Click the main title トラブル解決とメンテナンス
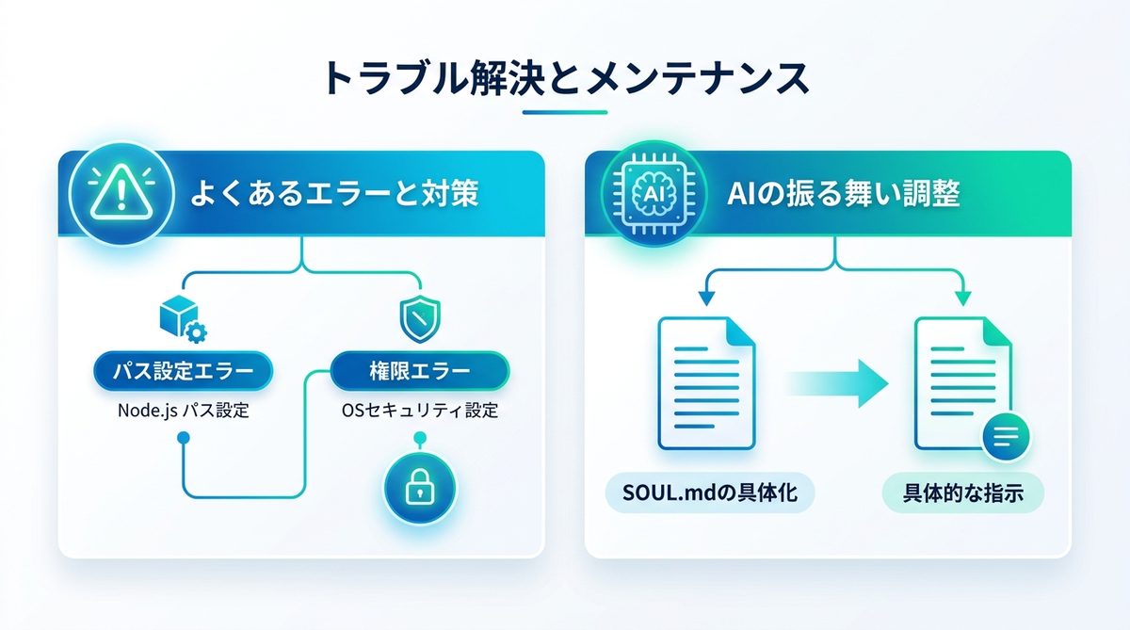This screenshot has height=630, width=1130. pos(565,78)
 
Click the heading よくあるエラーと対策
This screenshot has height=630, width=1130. pos(335,194)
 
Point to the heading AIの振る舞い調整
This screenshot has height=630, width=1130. pos(844,194)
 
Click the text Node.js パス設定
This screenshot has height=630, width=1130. pos(183,411)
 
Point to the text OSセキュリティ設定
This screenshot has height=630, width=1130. pos(419,411)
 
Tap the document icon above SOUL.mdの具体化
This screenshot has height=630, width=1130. pos(704,382)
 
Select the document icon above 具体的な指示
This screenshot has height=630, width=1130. pos(960,382)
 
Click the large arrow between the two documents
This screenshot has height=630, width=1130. pos(836,382)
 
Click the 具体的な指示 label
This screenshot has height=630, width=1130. pos(962,494)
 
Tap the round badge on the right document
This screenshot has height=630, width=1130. pos(1005,436)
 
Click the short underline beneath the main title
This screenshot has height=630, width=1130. pos(565,112)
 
